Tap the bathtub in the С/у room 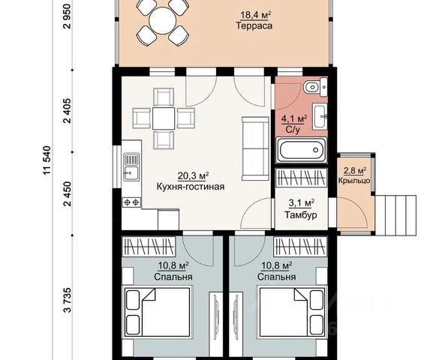click(x=302, y=150)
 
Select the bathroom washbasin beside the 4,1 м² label click(x=320, y=117)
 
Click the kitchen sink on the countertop click(x=131, y=167)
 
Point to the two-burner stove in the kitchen click(x=132, y=202)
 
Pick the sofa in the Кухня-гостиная click(x=256, y=148)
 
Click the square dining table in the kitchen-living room click(x=163, y=118)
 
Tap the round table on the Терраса click(x=163, y=20)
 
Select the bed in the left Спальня click(x=158, y=312)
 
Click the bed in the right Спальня click(x=292, y=312)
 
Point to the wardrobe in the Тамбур click(x=302, y=178)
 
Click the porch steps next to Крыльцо click(x=395, y=214)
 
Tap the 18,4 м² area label click(x=255, y=15)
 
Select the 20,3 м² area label click(x=193, y=175)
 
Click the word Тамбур click(x=301, y=214)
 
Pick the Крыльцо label click(x=354, y=181)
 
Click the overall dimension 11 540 click(x=47, y=160)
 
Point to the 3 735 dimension click(x=68, y=299)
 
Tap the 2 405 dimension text click(x=68, y=111)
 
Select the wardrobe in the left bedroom click(x=149, y=247)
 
